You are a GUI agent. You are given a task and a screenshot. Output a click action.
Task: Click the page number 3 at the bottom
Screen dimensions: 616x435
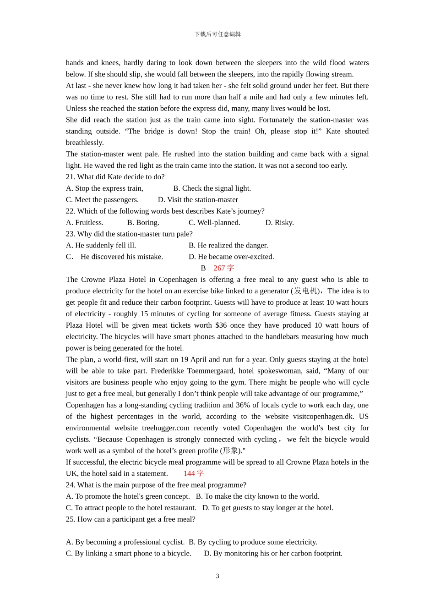tap(217, 576)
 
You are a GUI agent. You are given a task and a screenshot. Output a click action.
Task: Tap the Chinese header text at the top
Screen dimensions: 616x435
tap(217, 34)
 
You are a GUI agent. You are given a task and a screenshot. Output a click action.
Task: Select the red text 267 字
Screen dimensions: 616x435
tap(223, 268)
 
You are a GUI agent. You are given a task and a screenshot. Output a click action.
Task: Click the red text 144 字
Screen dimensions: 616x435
tap(194, 473)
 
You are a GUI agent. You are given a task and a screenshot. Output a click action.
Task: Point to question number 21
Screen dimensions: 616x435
tap(71, 177)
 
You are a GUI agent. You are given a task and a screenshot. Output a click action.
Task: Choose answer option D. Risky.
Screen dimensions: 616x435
tap(279, 223)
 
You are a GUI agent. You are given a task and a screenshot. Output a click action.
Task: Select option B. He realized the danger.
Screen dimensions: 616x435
tap(228, 246)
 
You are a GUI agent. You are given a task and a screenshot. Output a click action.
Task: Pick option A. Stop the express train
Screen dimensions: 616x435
tap(104, 188)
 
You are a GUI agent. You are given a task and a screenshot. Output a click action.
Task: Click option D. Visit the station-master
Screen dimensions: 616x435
tap(198, 200)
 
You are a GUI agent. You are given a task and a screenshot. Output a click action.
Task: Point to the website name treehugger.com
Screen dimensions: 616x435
tap(165, 428)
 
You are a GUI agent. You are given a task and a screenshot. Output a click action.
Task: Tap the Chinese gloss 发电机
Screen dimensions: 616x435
tap(305, 291)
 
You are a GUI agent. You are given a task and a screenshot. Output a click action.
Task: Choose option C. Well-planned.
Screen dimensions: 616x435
tap(214, 223)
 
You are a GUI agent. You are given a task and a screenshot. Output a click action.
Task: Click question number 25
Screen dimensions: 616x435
tap(71, 519)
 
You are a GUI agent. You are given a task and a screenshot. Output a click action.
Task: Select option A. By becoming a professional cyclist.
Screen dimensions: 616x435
tap(125, 542)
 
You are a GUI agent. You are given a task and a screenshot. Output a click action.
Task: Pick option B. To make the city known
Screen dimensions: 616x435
tap(257, 496)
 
